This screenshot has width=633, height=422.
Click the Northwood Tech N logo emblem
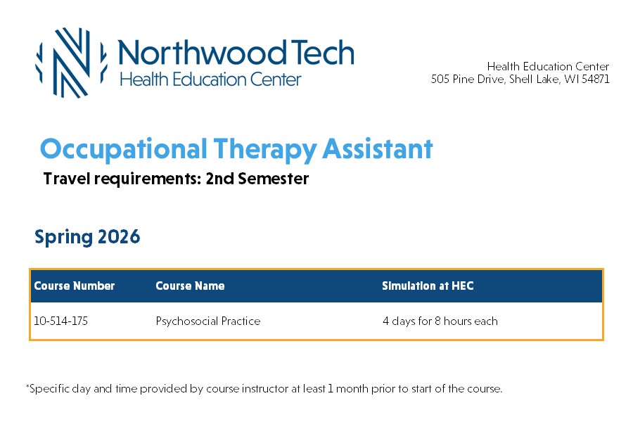71,63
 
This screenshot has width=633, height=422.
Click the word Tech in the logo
322,53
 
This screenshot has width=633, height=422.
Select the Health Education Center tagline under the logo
210,79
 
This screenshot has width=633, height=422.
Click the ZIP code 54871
596,79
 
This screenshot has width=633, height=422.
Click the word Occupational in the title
124,150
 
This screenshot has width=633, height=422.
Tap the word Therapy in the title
265,150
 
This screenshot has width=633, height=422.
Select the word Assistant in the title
378,148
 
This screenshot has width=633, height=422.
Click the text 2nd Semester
257,179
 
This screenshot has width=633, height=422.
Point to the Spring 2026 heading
87,237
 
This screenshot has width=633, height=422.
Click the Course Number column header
75,286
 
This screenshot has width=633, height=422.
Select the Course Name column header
190,286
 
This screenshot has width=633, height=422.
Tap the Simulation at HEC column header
428,286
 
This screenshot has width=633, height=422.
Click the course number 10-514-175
61,321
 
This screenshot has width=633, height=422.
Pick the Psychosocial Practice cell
208,321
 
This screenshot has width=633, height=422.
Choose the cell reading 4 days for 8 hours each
440,321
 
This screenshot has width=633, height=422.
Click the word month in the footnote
352,388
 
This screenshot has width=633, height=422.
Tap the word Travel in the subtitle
67,179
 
